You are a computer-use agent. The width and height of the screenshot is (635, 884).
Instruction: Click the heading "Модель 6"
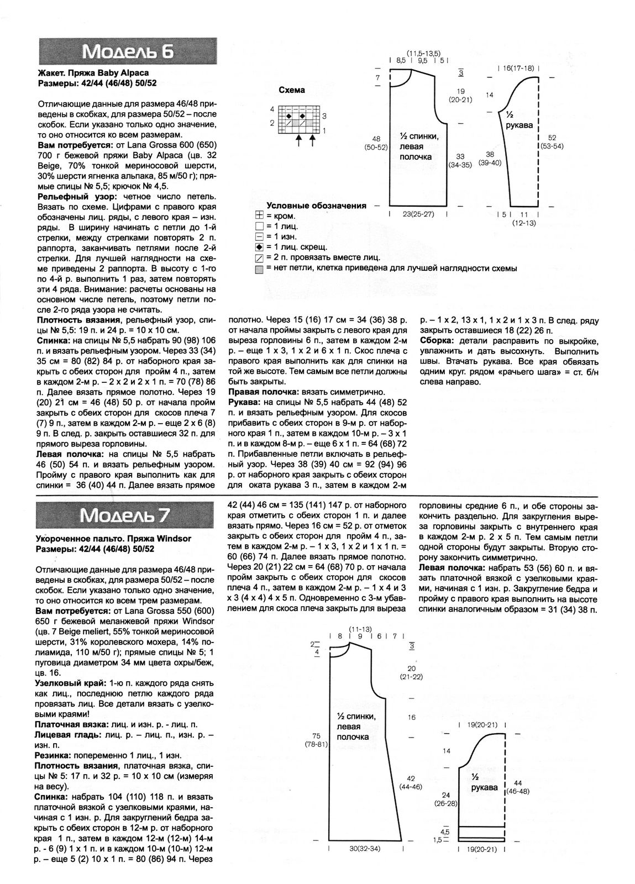(128, 52)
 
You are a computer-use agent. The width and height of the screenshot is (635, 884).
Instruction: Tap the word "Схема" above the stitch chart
(291, 90)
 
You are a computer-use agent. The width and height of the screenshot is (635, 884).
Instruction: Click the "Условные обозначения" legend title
(316, 206)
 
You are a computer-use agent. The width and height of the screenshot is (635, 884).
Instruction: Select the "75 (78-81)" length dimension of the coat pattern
(317, 740)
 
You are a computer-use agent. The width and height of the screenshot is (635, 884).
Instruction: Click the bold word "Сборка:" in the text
(435, 340)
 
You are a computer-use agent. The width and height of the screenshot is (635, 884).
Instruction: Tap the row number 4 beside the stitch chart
(272, 109)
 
